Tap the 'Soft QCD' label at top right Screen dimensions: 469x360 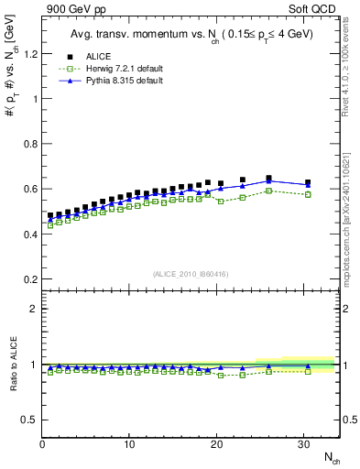[319, 10]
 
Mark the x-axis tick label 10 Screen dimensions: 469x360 [129, 444]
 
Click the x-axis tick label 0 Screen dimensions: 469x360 [43, 444]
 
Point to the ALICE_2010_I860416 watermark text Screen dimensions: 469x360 [191, 274]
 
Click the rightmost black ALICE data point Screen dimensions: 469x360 [308, 183]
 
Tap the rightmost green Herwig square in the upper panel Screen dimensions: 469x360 [308, 194]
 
